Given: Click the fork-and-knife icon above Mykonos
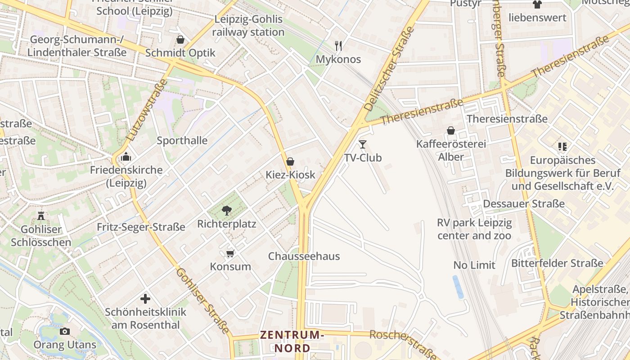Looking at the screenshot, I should click(x=338, y=45).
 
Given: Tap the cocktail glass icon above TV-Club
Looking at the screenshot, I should click(x=363, y=144).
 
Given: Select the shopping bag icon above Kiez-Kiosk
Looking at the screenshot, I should click(x=290, y=162).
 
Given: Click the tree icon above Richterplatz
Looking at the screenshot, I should click(x=227, y=210).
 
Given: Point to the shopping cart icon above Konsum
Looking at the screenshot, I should click(x=230, y=254).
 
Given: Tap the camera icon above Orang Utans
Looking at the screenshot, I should click(x=65, y=332).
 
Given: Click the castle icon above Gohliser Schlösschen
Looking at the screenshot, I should click(x=41, y=216).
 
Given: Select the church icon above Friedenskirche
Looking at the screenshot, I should click(x=126, y=157).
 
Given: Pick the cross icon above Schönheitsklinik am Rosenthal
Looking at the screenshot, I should click(x=145, y=298).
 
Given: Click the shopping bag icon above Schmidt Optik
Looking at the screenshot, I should click(x=180, y=40).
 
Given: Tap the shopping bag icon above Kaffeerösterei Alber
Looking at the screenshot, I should click(x=451, y=130).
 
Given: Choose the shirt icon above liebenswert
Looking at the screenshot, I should click(x=537, y=5).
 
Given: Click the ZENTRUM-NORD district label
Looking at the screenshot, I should click(x=292, y=342).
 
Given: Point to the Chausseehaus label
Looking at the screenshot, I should click(x=304, y=256).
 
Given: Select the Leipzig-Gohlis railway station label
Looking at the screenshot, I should click(x=248, y=26).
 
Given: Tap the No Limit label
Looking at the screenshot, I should click(x=474, y=265).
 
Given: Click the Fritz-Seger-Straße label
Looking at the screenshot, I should click(x=141, y=227).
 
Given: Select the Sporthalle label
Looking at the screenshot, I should click(x=182, y=140).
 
